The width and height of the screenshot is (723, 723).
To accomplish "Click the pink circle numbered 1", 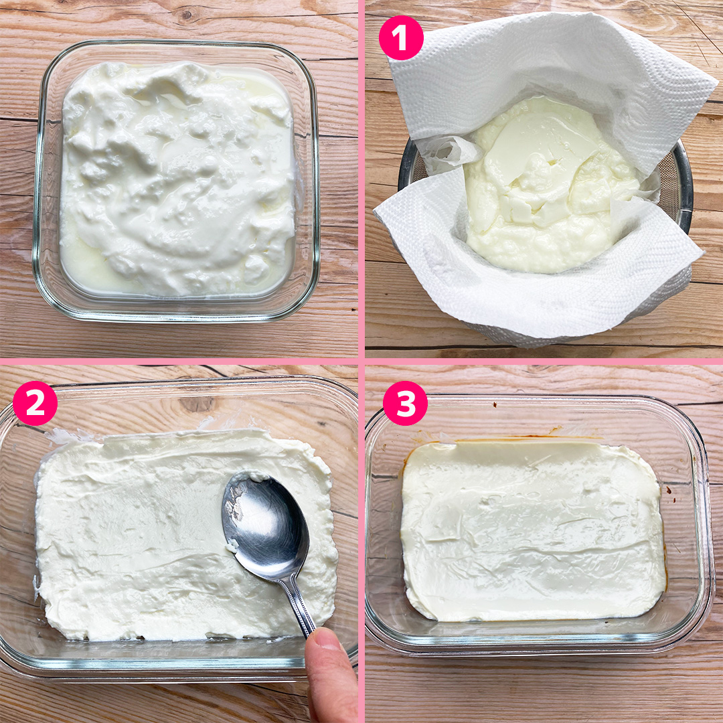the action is click(401, 37).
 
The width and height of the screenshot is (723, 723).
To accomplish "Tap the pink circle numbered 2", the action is click(35, 403).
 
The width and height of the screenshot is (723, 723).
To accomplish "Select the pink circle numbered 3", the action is click(405, 403).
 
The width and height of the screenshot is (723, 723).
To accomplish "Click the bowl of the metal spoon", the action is click(264, 525).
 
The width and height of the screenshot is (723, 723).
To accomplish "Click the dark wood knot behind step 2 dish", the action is click(197, 404).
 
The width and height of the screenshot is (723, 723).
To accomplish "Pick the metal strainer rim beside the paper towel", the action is click(681, 185).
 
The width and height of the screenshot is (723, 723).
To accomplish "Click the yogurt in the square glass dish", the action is click(177, 177).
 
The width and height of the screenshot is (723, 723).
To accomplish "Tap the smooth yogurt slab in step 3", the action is click(534, 530).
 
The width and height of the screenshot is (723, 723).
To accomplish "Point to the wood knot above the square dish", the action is click(187, 15).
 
